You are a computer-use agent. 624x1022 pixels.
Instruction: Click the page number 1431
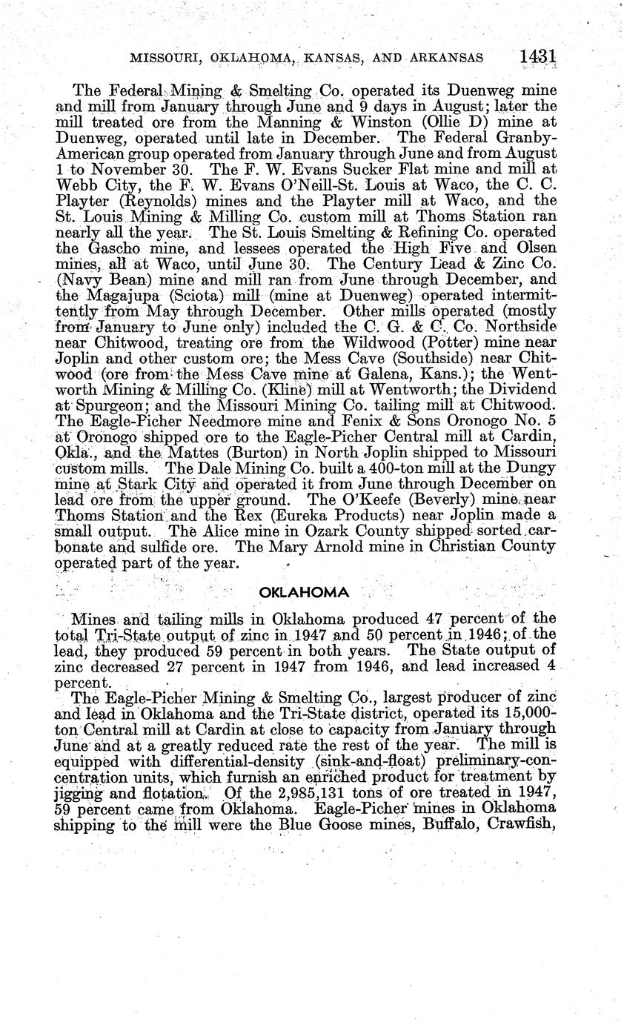[539, 56]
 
